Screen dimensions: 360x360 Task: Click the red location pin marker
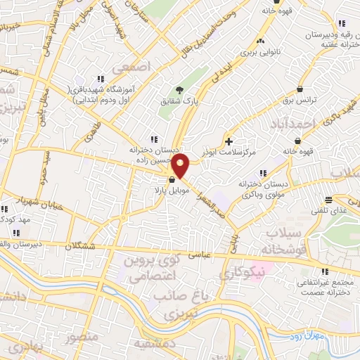181,165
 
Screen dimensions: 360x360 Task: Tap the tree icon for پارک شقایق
179,89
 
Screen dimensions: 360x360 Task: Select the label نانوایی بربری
260,52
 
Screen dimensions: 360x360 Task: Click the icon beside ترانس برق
301,89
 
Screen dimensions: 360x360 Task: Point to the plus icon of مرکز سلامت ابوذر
229,141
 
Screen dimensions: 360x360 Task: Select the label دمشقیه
155,345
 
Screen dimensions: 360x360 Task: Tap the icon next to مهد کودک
4,209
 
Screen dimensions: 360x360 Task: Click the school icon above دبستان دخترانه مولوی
264,173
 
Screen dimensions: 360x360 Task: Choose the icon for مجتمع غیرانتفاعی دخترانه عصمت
324,271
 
